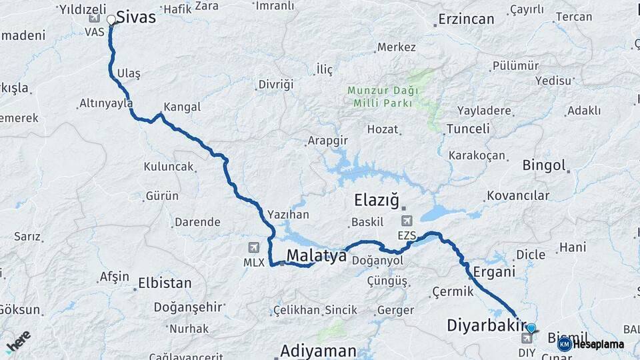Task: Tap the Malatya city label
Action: (317, 255)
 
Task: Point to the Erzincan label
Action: (466, 20)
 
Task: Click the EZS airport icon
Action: (406, 221)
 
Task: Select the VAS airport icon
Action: (94, 18)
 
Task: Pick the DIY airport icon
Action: (527, 338)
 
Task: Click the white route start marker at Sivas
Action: (111, 21)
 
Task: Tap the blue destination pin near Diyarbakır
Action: (531, 328)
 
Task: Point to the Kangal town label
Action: (182, 107)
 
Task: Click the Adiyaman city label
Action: (318, 350)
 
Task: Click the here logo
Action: (18, 341)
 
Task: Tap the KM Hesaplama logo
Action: (591, 344)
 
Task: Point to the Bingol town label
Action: (544, 165)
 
